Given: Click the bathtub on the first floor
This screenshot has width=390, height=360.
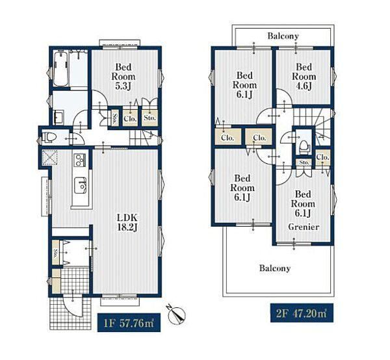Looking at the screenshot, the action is point(61,69).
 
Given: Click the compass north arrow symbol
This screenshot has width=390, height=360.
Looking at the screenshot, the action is point(177,315).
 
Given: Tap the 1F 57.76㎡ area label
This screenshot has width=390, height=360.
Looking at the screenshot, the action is point(129,323).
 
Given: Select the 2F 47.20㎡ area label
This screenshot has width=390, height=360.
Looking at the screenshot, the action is point(302,313).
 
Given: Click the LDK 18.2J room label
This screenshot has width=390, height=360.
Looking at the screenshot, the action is point(127,222).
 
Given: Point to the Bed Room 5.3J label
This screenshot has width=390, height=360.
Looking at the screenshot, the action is point(123,77).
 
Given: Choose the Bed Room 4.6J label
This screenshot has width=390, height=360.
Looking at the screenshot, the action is point(304,76).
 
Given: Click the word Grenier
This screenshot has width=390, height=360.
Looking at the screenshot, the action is point(304,227).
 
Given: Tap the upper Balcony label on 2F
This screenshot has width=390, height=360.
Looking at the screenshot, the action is point(283,36).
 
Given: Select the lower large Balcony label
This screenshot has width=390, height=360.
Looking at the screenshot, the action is point(275,268).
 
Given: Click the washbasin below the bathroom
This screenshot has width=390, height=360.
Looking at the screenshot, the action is point(58,117).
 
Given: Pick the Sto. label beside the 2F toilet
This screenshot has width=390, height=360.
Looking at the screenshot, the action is point(304,162).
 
